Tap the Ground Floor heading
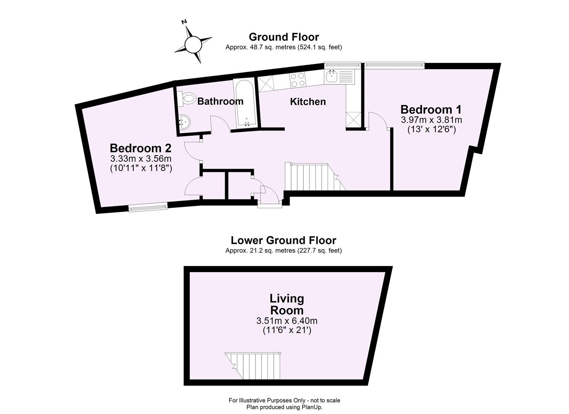284,37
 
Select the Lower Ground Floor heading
284,240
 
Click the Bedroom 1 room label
431,110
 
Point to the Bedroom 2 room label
140,148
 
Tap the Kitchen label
308,102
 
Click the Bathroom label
220,102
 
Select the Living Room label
287,304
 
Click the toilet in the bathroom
187,98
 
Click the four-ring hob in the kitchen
298,80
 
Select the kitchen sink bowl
331,77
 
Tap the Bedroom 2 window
148,207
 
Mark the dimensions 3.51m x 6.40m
287,320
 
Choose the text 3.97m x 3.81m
431,120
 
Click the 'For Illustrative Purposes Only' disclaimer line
284,400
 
